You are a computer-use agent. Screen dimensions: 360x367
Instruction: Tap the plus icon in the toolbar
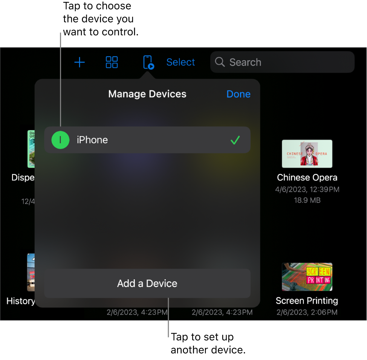coord(80,62)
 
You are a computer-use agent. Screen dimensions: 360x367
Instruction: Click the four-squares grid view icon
coord(112,62)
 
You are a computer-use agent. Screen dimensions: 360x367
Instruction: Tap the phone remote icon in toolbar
coord(148,62)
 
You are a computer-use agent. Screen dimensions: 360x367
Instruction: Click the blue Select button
coord(180,62)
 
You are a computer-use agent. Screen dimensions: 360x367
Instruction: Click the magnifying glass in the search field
coord(220,62)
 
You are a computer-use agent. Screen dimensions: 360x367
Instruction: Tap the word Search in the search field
coord(245,62)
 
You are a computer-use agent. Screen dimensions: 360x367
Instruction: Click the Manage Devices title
coord(147,94)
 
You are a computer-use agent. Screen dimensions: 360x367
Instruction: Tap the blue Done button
coord(238,94)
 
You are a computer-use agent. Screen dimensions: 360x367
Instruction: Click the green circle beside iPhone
coord(60,140)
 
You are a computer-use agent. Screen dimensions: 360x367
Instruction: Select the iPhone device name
coord(92,140)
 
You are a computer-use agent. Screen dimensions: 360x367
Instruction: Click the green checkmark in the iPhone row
coord(235,140)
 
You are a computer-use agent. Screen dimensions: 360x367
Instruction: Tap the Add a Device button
coord(147,283)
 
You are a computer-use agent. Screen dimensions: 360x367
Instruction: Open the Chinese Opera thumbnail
coord(307,154)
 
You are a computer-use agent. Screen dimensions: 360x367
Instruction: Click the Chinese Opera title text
coord(307,178)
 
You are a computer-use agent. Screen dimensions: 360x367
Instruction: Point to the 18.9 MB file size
coord(307,200)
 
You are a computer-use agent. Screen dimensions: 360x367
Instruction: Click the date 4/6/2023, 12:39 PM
coord(307,189)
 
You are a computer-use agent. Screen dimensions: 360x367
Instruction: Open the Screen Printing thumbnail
coord(307,277)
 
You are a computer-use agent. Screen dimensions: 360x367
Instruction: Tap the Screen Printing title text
coord(307,301)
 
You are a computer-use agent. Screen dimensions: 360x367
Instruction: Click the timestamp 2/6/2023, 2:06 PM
coord(307,312)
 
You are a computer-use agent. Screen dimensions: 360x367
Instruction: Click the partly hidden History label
coord(21,301)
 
